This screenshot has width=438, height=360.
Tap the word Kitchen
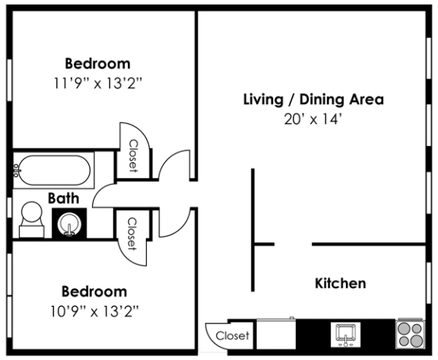click(340, 283)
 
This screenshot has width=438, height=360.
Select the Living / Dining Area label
click(313, 100)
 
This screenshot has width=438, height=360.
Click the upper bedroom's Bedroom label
click(97, 63)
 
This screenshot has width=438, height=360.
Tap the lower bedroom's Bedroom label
click(94, 291)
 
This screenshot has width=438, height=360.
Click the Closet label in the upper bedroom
click(132, 156)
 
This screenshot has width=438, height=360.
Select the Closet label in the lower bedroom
click(131, 234)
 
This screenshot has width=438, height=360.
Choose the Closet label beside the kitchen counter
click(231, 335)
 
